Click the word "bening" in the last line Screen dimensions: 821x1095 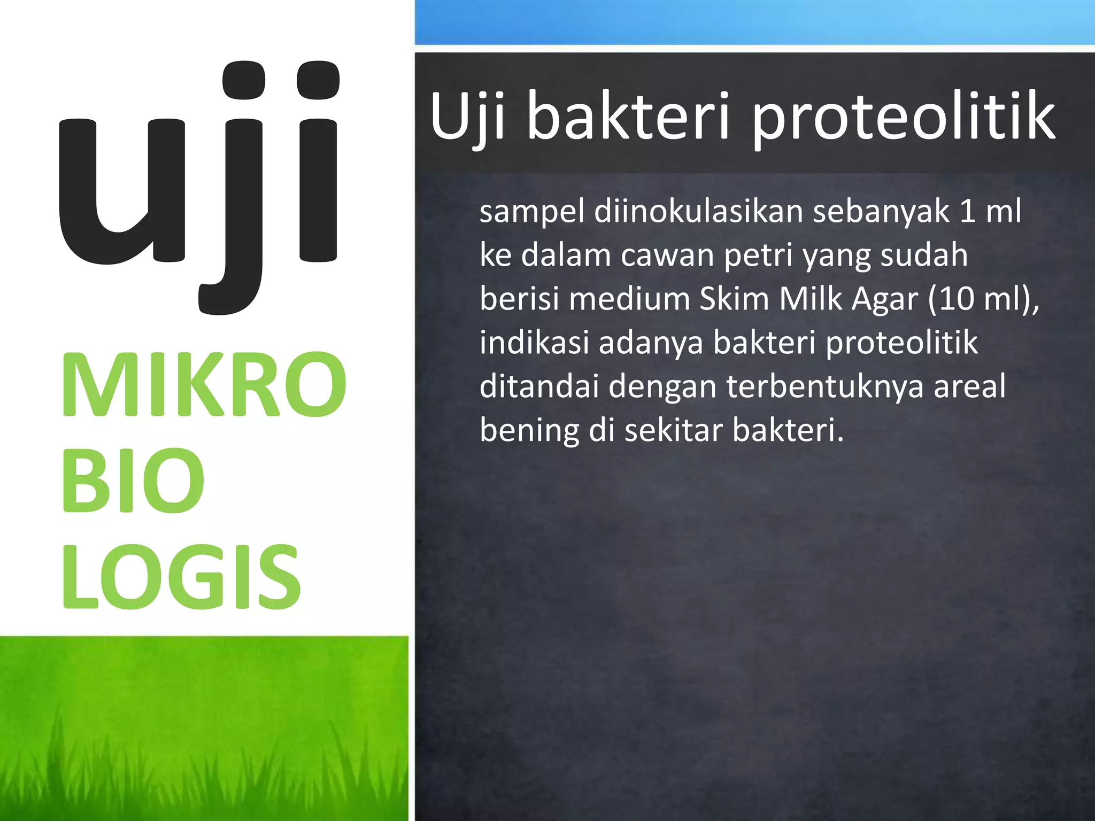tap(529, 431)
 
